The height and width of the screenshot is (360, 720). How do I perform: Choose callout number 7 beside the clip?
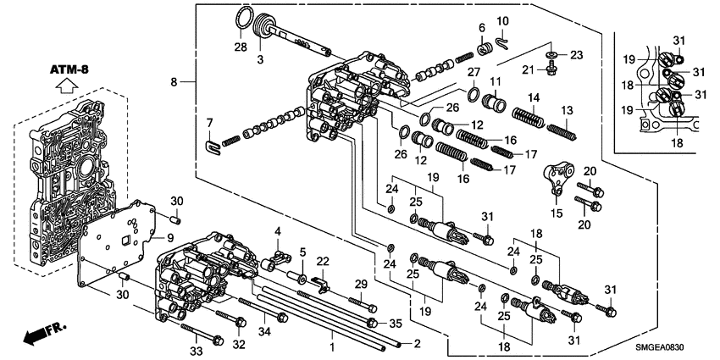[x=208, y=124]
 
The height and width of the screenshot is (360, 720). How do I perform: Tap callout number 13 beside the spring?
[x=567, y=111]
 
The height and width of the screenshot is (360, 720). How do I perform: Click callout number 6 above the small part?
[x=480, y=28]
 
